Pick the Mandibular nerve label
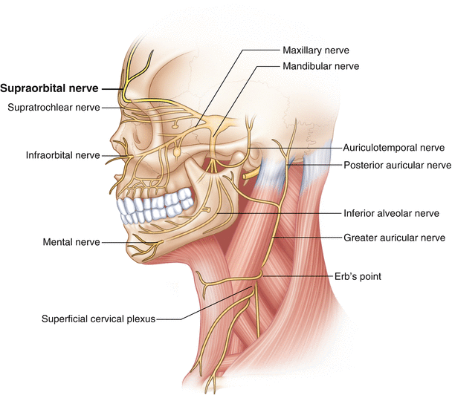pos(321,66)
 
